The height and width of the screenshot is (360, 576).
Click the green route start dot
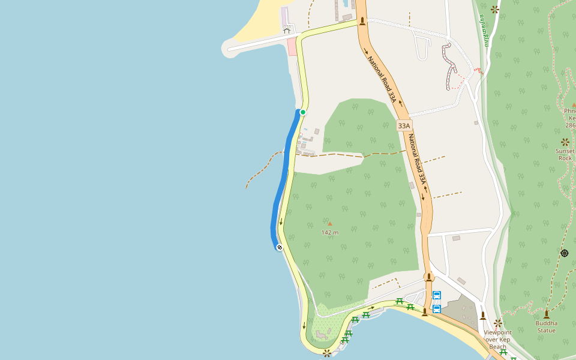coord(303,112)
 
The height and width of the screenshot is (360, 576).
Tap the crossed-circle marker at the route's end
coord(280,247)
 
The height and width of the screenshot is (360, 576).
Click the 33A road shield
coord(404,126)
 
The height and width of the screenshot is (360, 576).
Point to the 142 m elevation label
coord(330,232)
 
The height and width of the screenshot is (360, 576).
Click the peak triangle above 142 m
coord(329,224)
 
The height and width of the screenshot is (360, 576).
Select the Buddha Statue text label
coord(546,326)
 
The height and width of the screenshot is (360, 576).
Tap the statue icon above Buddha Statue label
coord(546,314)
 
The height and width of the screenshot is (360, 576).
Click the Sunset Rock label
coord(565,155)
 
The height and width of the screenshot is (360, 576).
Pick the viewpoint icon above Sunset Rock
coord(565,142)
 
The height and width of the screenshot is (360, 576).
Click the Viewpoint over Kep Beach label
coord(497,339)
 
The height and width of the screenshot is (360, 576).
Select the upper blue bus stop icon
coord(437,295)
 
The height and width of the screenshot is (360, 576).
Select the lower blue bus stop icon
coord(437,309)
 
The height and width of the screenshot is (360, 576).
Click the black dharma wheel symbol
coord(565,253)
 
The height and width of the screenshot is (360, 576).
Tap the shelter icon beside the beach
coord(286,30)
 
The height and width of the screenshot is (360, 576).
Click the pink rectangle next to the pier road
coord(292,47)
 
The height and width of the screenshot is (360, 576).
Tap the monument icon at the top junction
coord(362,22)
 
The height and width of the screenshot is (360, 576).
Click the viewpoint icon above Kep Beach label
coord(498,323)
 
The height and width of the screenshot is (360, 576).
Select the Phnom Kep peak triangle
coord(574,104)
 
